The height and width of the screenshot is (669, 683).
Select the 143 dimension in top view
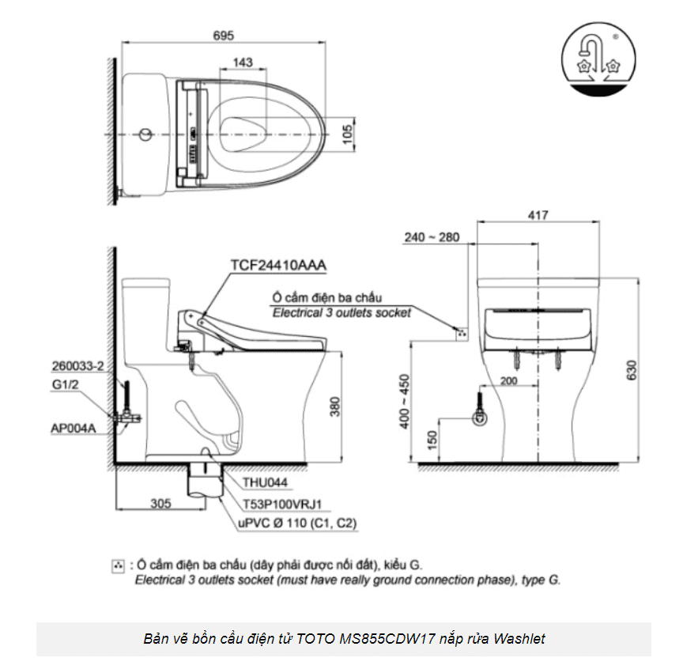(x=243, y=62)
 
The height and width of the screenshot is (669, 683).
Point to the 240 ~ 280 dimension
(x=431, y=237)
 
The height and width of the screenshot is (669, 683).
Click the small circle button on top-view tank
(x=144, y=134)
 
